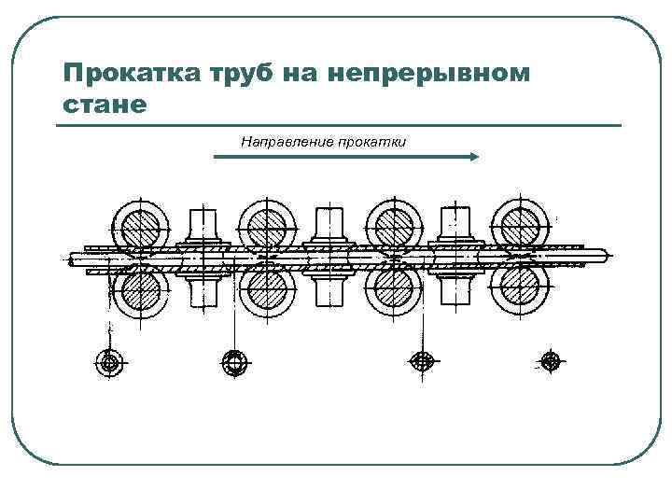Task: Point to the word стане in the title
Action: pyautogui.click(x=104, y=105)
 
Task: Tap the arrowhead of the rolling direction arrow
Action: pyautogui.click(x=473, y=158)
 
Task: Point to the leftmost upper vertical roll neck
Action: pyautogui.click(x=203, y=224)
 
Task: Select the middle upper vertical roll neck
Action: pyautogui.click(x=330, y=224)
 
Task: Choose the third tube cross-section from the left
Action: pyautogui.click(x=423, y=360)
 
